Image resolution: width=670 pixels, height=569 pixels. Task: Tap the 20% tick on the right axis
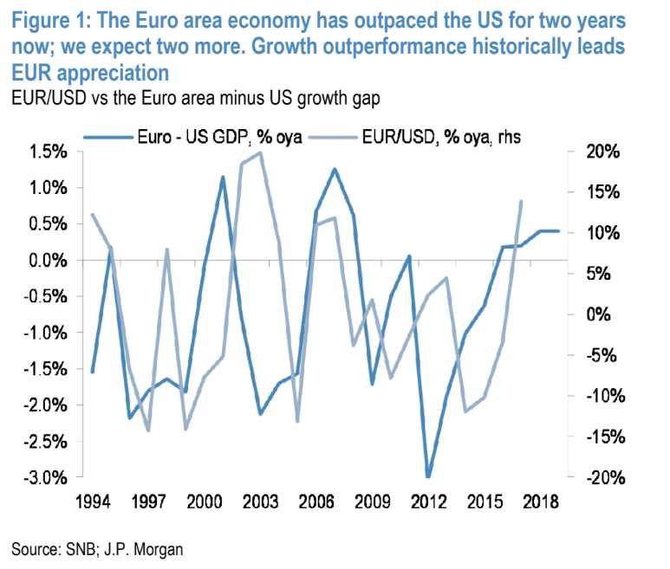pos(601,152)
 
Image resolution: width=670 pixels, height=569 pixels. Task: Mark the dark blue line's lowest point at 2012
pos(428,476)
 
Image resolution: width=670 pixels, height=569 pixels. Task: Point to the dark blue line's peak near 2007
pos(335,169)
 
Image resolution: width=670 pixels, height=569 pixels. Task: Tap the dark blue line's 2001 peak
pos(223,178)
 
